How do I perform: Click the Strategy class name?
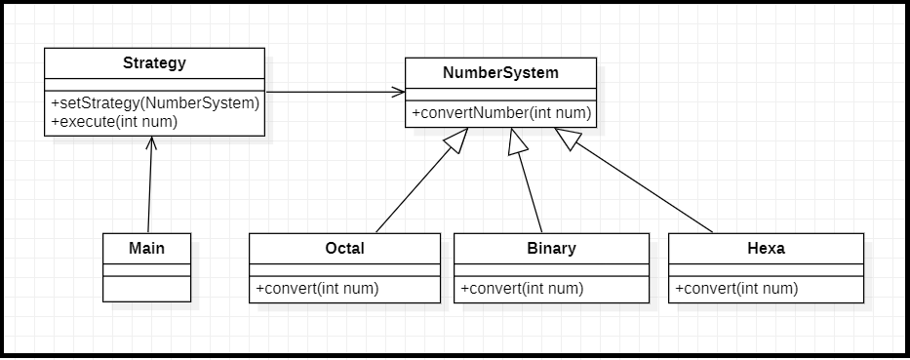click(x=154, y=63)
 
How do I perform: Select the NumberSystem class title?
click(x=501, y=73)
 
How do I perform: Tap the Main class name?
click(x=146, y=248)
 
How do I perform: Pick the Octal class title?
click(x=344, y=248)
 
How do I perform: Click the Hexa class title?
click(x=766, y=248)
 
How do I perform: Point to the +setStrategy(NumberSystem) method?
click(x=154, y=102)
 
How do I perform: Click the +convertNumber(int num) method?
click(x=501, y=113)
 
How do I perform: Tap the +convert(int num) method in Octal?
click(x=317, y=289)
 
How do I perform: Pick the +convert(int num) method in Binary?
click(x=522, y=289)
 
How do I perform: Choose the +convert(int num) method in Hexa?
click(x=736, y=289)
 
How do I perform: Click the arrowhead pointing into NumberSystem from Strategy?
click(x=398, y=93)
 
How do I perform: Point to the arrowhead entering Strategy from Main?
click(x=151, y=142)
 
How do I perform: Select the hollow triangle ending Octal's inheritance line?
click(x=455, y=141)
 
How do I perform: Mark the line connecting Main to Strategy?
click(x=149, y=190)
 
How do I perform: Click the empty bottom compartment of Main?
click(x=146, y=289)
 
